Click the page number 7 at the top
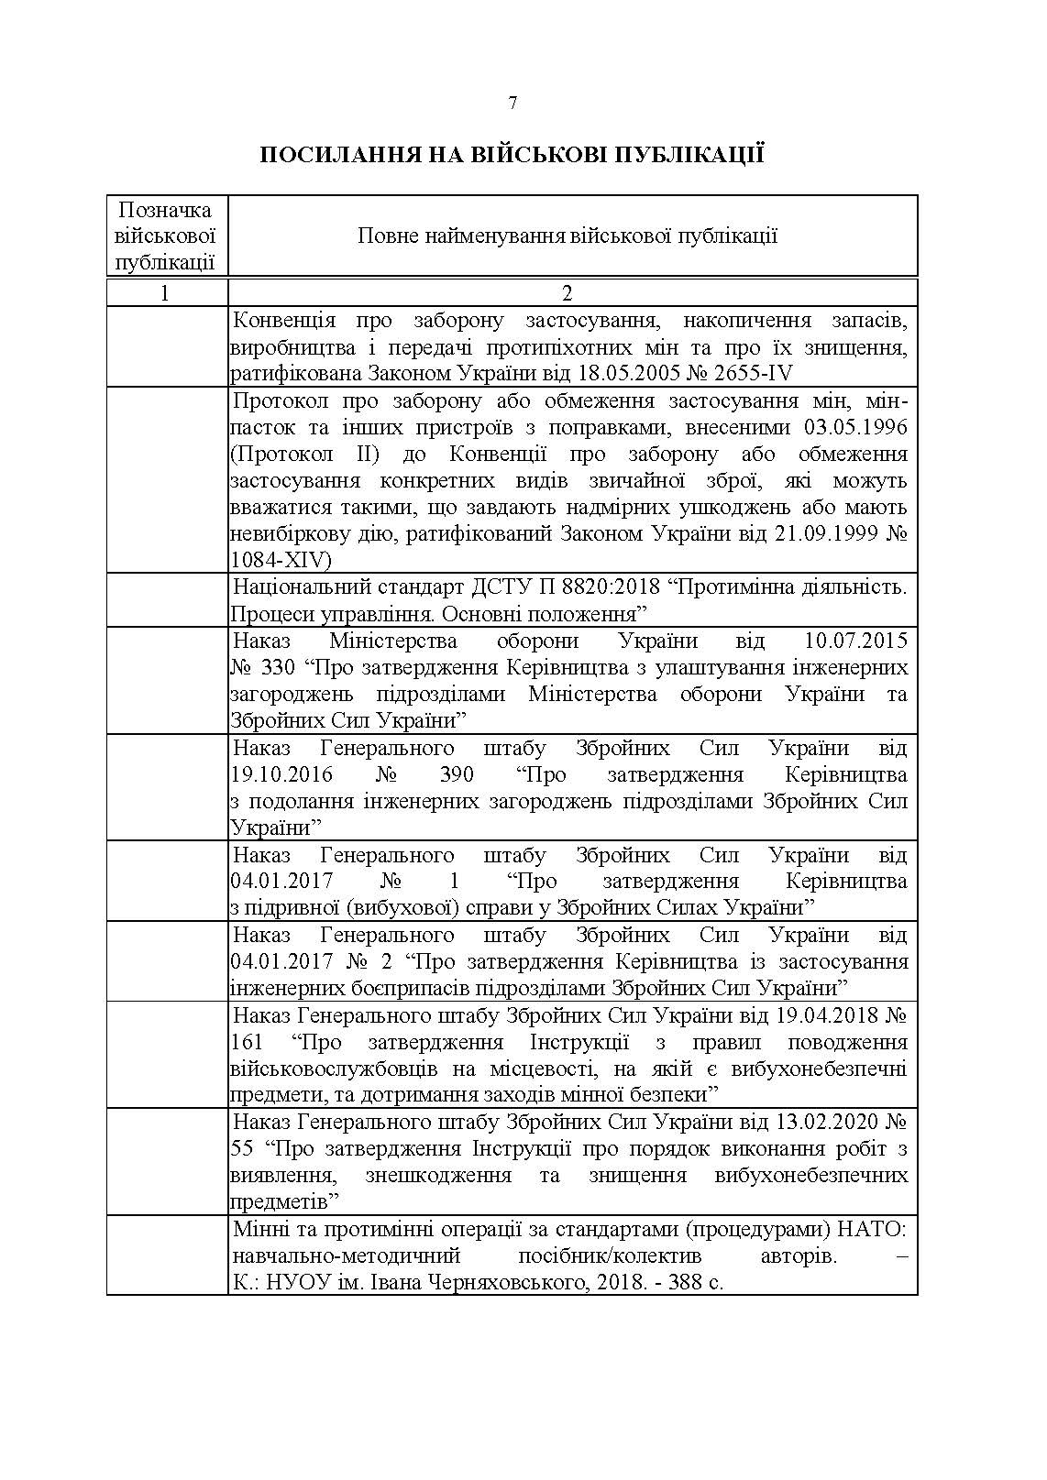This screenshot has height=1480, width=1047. click(512, 104)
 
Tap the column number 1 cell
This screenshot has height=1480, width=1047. click(165, 293)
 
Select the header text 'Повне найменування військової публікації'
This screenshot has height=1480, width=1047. click(568, 236)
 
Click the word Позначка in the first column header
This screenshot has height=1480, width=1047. click(166, 210)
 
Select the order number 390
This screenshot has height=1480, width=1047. click(457, 774)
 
